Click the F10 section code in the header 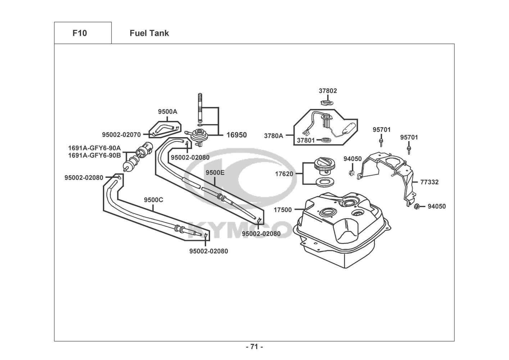79,33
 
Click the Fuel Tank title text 149,33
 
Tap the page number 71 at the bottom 254,347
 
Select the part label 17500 282,210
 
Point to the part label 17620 284,174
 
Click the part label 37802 328,91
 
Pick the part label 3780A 273,136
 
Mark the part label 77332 429,182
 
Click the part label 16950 236,135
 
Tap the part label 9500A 168,112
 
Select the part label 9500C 154,200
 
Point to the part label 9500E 215,172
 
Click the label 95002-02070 121,135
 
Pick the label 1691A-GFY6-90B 95,156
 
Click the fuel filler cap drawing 325,165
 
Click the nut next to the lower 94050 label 418,206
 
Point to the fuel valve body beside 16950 197,136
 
